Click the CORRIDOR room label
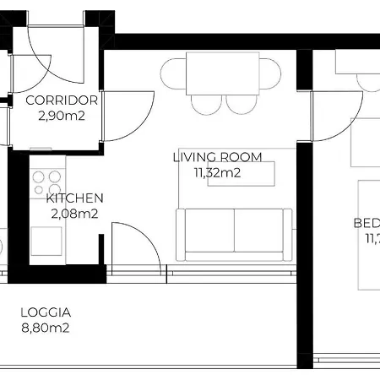pyautogui.click(x=62, y=100)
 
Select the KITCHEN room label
pyautogui.click(x=74, y=198)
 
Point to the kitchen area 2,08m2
pyautogui.click(x=74, y=213)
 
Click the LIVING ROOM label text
pyautogui.click(x=217, y=157)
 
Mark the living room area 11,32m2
pyautogui.click(x=218, y=172)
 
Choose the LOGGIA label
pyautogui.click(x=46, y=312)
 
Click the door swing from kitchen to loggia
pyautogui.click(x=135, y=245)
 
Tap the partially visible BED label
pyautogui.click(x=366, y=224)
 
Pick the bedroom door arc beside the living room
pyautogui.click(x=334, y=118)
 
